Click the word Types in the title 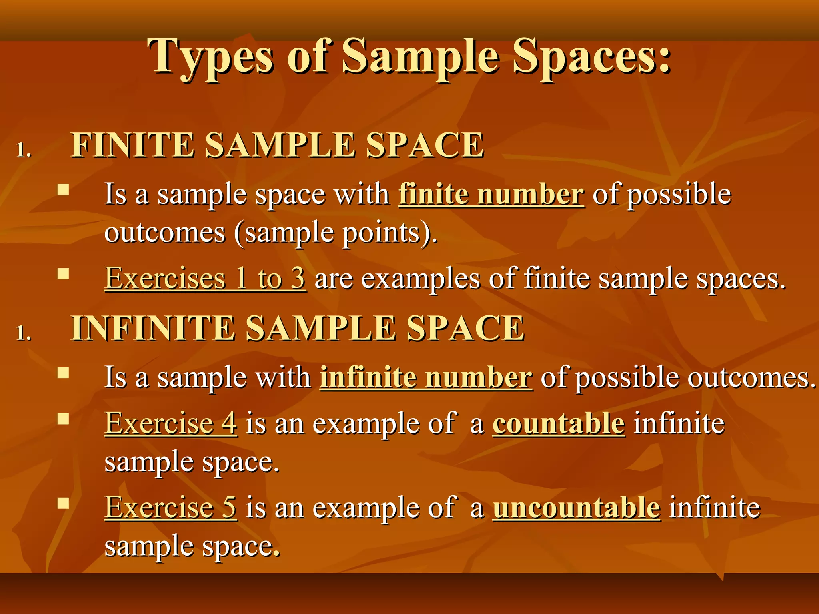click(x=210, y=57)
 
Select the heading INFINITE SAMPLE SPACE click(x=297, y=328)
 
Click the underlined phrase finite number click(x=491, y=195)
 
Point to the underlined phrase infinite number click(x=426, y=377)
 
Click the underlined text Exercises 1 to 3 click(x=205, y=278)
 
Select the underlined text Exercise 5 click(x=171, y=508)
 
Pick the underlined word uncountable click(x=576, y=508)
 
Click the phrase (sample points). click(x=336, y=233)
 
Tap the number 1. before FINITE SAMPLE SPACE click(x=24, y=150)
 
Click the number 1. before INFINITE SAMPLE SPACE click(x=24, y=333)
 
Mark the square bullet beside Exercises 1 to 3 click(x=63, y=274)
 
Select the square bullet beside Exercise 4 click(x=63, y=419)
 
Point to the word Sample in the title click(x=420, y=57)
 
